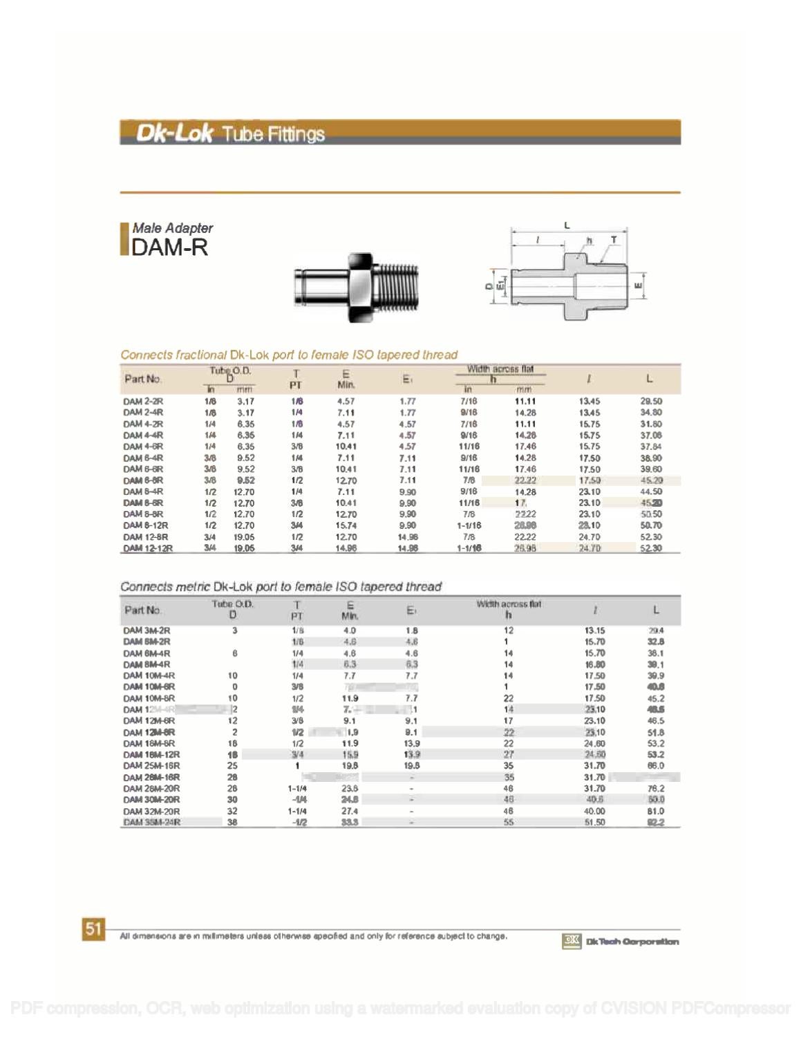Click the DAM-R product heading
169,247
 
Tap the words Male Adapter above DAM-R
172,227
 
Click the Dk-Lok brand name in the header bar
173,133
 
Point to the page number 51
93,929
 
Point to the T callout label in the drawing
613,240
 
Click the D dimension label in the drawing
488,286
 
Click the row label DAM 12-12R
148,548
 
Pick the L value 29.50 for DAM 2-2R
651,401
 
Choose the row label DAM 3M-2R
147,630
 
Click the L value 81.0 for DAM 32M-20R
656,811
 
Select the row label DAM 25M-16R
151,766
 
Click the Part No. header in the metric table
143,610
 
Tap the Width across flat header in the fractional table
500,369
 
